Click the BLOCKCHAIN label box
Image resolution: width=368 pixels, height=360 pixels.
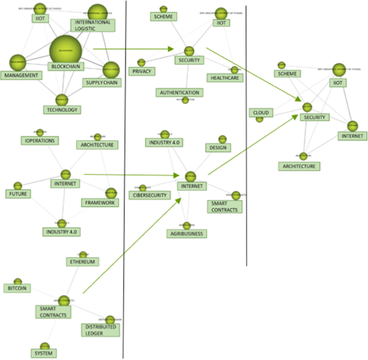(x=65, y=66)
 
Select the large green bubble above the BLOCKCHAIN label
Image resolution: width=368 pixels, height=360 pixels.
(x=65, y=49)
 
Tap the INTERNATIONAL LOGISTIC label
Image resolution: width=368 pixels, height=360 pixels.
(x=92, y=25)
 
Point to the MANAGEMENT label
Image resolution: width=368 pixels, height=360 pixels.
(x=21, y=75)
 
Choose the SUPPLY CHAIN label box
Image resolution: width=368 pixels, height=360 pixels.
(x=102, y=83)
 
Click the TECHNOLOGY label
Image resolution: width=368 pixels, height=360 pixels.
(x=62, y=110)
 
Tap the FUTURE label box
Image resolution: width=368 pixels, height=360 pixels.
(x=18, y=193)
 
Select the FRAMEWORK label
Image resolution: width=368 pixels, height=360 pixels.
(x=100, y=203)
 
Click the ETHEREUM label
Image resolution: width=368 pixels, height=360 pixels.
(x=83, y=262)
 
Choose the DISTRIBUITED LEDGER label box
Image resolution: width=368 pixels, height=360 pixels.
(x=100, y=329)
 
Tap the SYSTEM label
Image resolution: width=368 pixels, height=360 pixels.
(x=43, y=354)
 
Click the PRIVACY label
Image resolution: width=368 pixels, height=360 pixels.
(x=141, y=71)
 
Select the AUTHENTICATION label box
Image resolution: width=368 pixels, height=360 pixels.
(x=179, y=92)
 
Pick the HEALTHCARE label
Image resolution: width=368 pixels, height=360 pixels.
(x=225, y=78)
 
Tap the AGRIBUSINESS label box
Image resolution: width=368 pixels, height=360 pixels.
(x=186, y=233)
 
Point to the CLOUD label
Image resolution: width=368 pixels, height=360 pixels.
(x=261, y=113)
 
